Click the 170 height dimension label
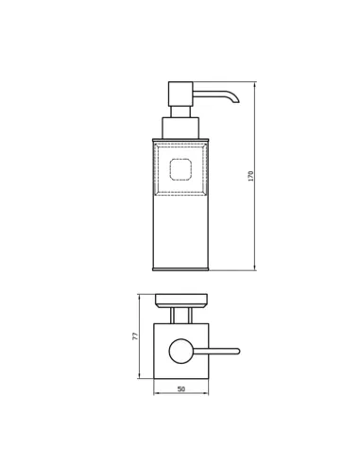tap(251, 176)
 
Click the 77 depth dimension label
tap(135, 336)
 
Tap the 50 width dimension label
tap(181, 389)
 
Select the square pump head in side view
tap(180, 95)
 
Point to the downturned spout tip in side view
tap(236, 101)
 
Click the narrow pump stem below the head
tap(180, 112)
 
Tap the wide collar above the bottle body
tap(180, 128)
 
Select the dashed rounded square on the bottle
tap(180, 169)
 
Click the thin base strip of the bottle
tap(180, 269)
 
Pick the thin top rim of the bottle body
tap(180, 140)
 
